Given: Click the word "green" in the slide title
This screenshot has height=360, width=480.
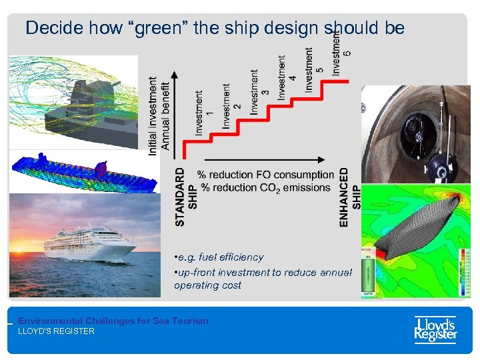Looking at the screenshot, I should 153,28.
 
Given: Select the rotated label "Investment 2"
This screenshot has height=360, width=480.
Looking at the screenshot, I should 231,105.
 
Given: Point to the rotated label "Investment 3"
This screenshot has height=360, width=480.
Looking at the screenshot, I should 259,92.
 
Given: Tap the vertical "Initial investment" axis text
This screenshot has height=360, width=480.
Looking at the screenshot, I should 153,116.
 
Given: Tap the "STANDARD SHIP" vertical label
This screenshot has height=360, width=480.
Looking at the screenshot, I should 186,197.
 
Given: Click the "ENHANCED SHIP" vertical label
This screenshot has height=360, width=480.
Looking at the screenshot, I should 349,197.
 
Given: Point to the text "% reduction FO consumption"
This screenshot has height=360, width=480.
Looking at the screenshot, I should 265,175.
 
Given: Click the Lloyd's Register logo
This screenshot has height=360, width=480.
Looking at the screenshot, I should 435,329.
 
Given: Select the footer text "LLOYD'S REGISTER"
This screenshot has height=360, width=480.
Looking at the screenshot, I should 56,331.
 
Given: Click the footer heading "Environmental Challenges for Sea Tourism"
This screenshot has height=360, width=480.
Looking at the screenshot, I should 113,321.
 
